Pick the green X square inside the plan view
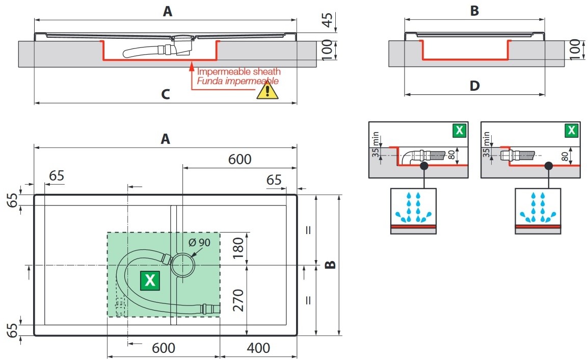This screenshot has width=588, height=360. [x=150, y=280]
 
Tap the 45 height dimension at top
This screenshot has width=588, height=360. [x=328, y=20]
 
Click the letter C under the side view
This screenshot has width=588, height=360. [x=165, y=94]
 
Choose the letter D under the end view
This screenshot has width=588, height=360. [x=474, y=86]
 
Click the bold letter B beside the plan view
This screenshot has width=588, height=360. [x=330, y=265]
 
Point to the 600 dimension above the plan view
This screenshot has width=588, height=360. [x=239, y=159]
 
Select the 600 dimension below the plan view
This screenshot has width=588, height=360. [x=164, y=348]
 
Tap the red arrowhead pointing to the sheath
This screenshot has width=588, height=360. [x=191, y=65]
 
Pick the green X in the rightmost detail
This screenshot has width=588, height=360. [x=572, y=131]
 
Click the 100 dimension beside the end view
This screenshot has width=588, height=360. [x=575, y=49]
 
